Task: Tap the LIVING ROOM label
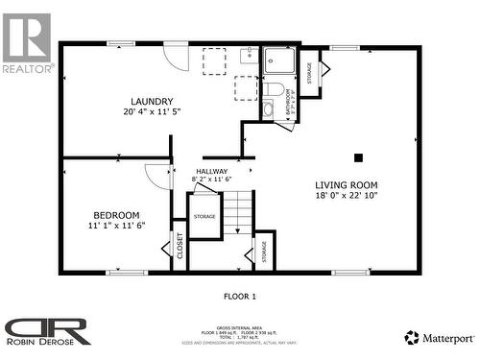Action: pos(347,185)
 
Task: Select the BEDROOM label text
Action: pos(116,215)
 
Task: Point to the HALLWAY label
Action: pos(212,171)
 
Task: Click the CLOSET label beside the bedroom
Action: pos(180,247)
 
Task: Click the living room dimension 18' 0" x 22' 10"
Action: pos(347,197)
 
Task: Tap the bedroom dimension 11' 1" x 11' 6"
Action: pos(116,226)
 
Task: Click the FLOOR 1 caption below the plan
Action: pos(240,296)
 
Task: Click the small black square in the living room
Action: pos(358,157)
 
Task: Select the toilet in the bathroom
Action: pos(276,90)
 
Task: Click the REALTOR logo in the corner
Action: pos(26,43)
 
